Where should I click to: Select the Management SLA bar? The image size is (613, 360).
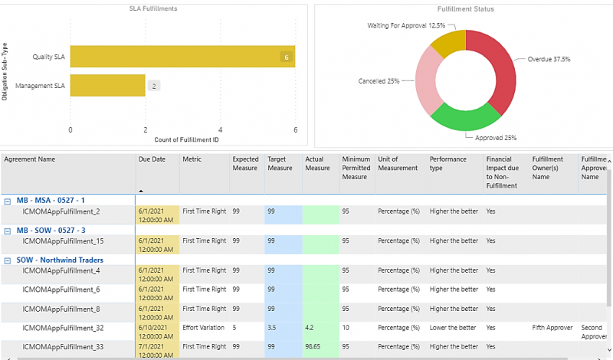coord(107,86)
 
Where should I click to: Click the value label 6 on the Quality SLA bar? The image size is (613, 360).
coord(286,57)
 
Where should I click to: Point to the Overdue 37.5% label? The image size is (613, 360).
coord(549,58)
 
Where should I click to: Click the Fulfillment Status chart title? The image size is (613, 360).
coord(465,9)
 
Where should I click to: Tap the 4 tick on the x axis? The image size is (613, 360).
coord(221,129)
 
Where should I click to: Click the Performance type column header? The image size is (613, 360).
coord(447,164)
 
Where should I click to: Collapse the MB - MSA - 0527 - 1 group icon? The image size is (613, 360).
coord(8,201)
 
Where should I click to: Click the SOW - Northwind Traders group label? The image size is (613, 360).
coord(60,260)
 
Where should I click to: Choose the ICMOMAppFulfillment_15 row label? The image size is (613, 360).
coord(62,241)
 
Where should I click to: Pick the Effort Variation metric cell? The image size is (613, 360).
coord(203,327)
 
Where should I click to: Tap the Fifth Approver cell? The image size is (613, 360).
coord(552,327)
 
